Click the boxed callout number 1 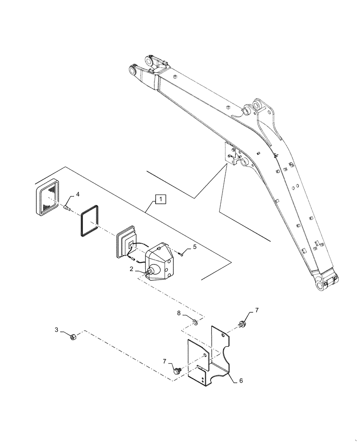(160, 199)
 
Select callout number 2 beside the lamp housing (132, 269)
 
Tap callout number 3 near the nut (56, 330)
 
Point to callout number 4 (78, 194)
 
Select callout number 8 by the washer (179, 314)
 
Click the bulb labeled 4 (67, 206)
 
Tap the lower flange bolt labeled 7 (177, 369)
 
